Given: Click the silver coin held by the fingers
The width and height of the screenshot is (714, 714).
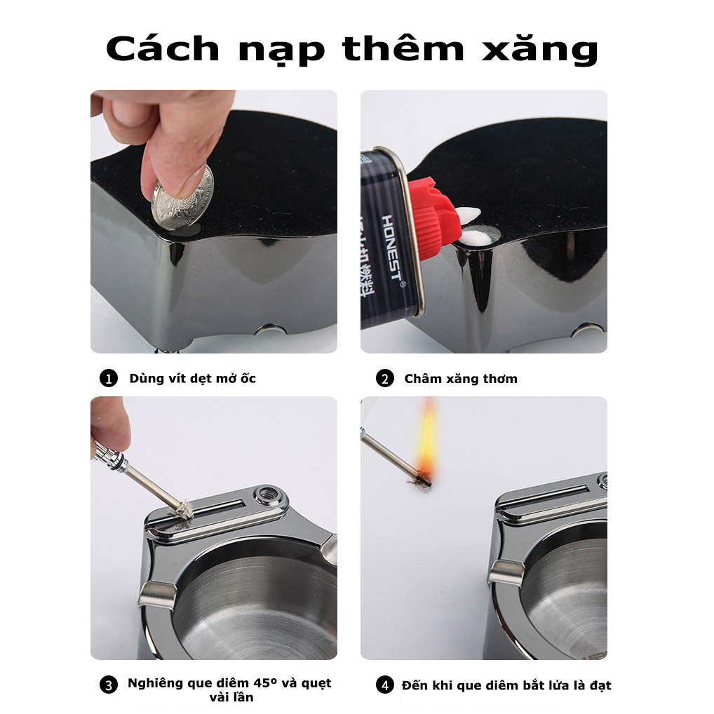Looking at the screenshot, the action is coord(182,199).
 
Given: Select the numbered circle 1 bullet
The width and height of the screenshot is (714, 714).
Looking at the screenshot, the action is coord(109,379).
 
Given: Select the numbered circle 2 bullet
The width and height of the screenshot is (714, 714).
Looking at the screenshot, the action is coord(385,379).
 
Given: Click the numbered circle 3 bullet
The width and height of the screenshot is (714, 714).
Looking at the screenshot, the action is coord(109,685).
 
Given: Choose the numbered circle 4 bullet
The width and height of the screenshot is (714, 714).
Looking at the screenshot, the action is coord(385,685).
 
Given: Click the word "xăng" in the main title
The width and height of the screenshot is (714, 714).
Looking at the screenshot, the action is coord(540,49).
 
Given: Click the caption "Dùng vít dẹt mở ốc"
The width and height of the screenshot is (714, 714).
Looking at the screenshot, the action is coord(193,379).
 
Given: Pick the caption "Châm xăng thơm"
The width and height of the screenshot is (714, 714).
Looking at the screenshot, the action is coord(461,379).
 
